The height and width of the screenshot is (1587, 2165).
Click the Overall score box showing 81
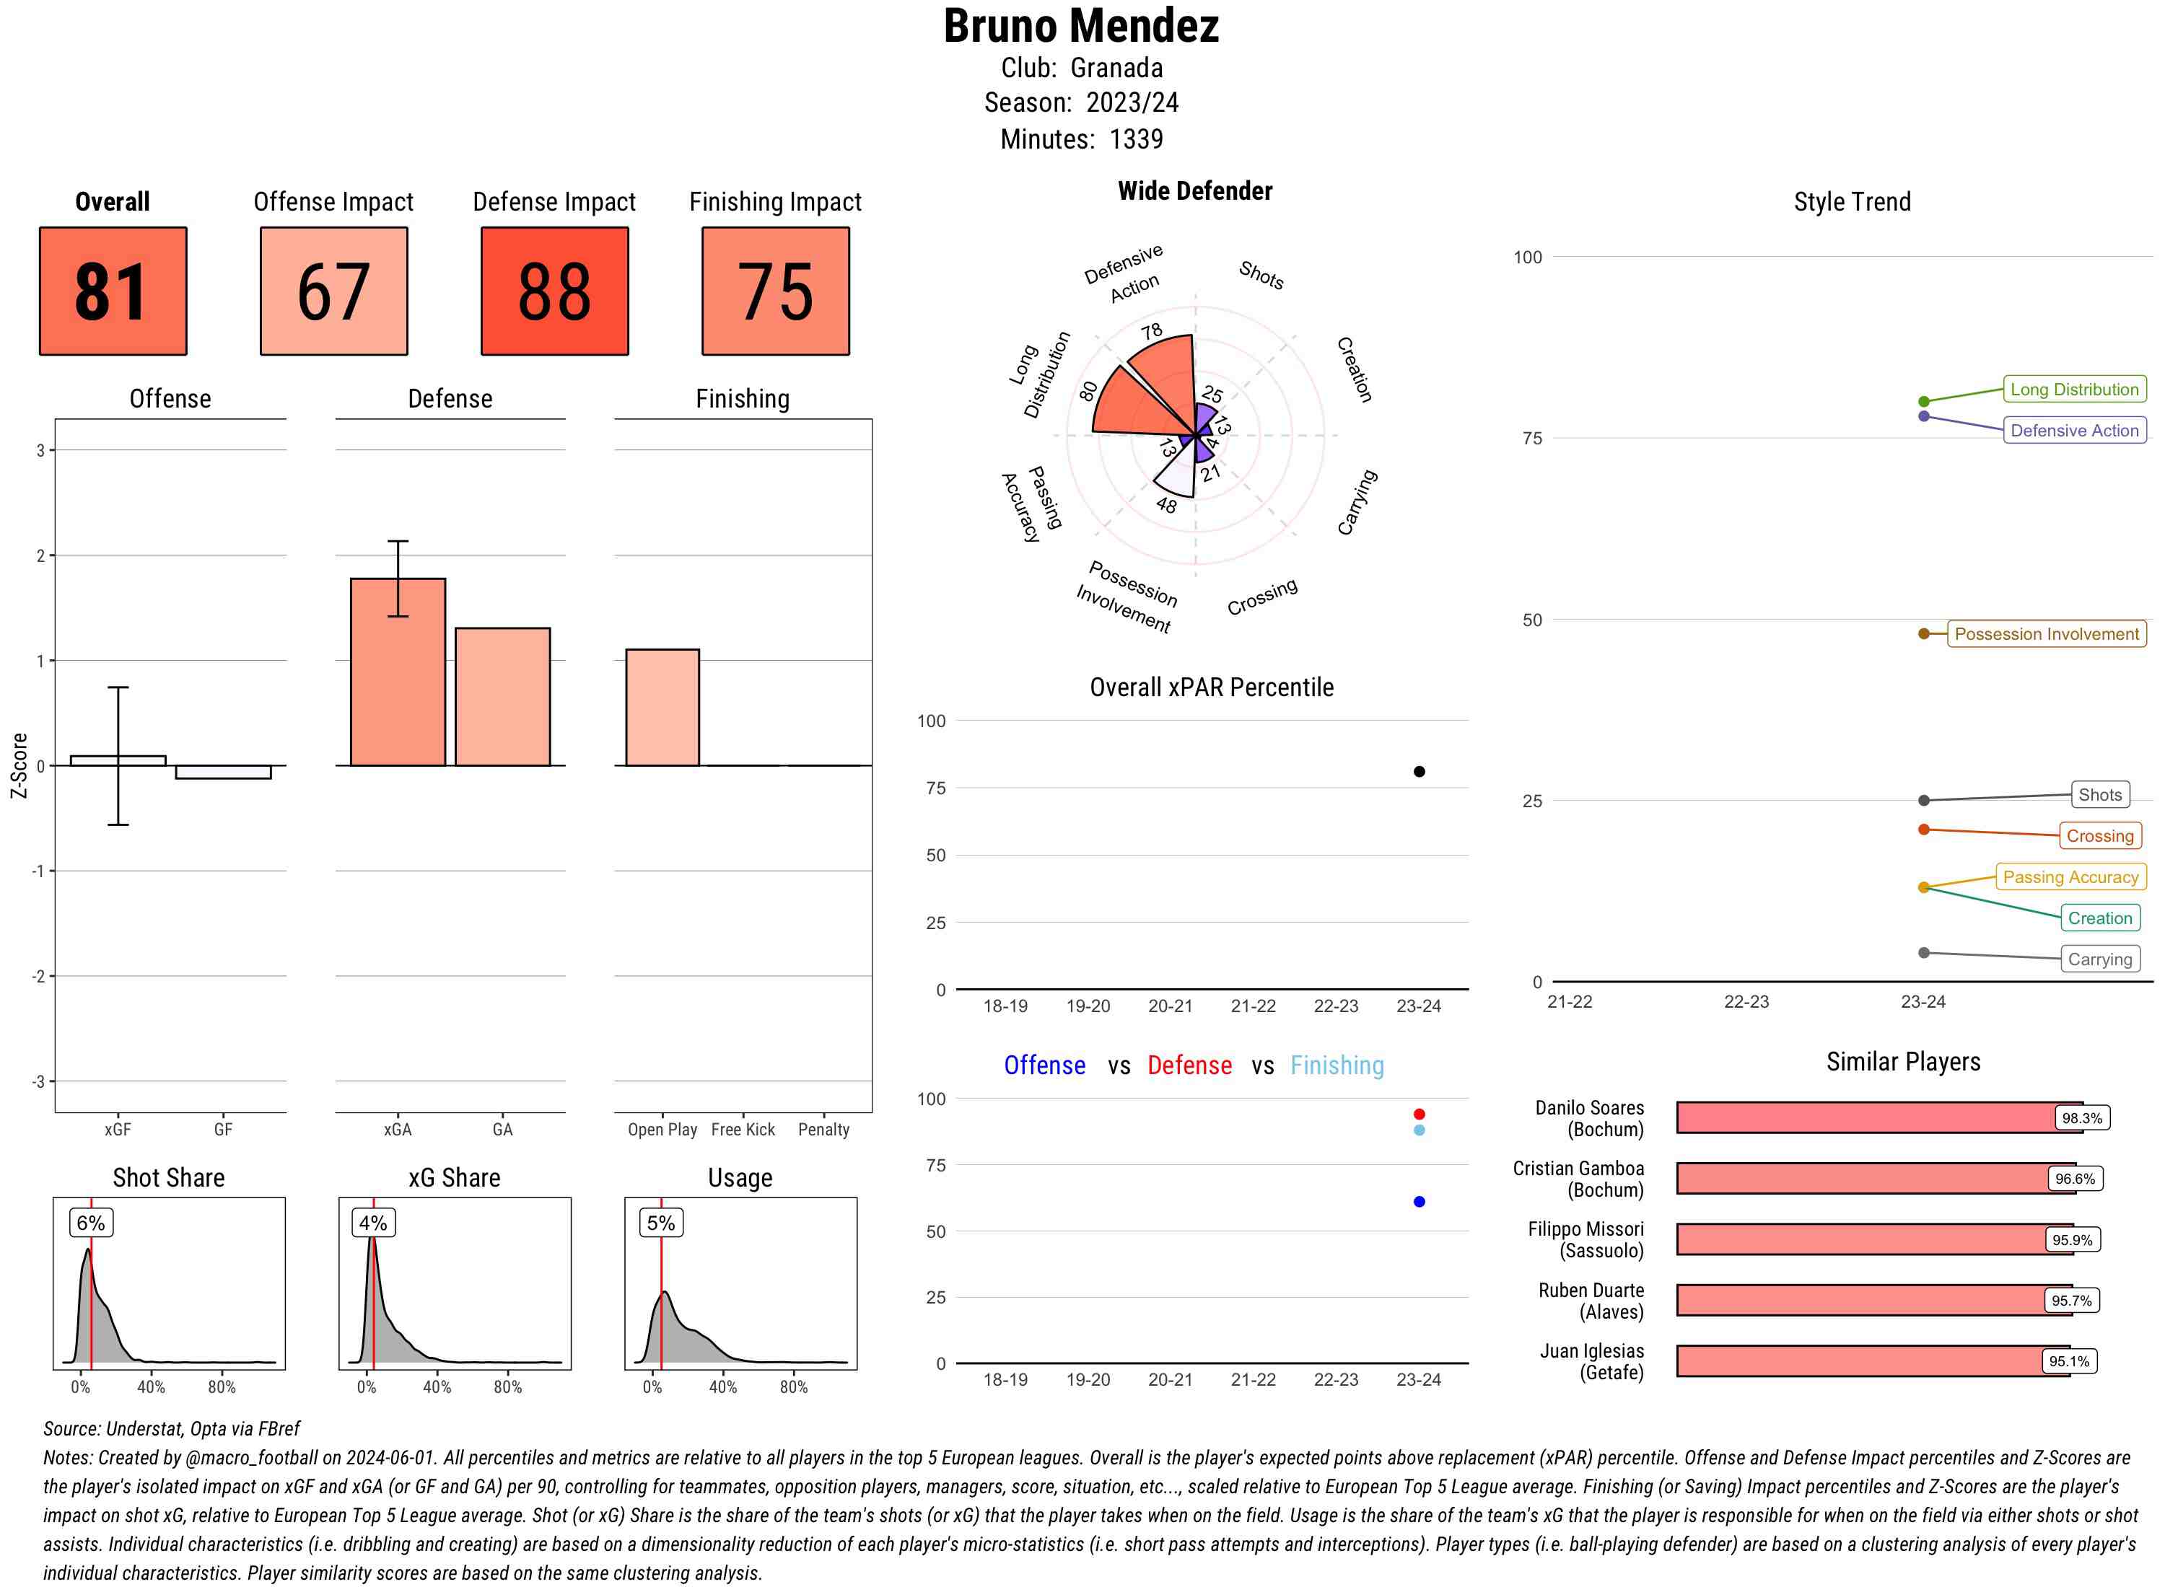(113, 291)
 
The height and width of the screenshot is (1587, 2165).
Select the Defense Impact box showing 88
(554, 291)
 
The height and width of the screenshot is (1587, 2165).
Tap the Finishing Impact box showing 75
(776, 291)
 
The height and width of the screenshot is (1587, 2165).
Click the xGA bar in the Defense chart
(398, 672)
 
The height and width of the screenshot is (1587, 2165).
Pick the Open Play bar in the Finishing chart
(662, 707)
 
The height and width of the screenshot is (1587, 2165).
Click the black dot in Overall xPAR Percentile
(1420, 771)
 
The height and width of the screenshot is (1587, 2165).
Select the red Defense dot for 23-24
(1420, 1115)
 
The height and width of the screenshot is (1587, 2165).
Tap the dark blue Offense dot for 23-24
(1420, 1202)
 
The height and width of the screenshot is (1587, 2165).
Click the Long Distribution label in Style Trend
(2074, 389)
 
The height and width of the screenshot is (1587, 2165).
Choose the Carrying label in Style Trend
(2099, 959)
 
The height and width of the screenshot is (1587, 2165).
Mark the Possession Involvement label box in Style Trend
(2046, 634)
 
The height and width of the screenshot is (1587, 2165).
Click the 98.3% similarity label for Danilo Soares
(2081, 1118)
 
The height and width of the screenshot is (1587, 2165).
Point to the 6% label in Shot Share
(91, 1223)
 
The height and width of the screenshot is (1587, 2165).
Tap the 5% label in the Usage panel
(661, 1223)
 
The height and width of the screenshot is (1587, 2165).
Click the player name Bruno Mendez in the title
(1081, 27)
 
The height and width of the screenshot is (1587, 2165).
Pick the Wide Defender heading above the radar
(1194, 191)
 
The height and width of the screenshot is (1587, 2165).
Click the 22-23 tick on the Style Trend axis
(1746, 1002)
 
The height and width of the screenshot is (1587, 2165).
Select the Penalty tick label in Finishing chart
(823, 1130)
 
